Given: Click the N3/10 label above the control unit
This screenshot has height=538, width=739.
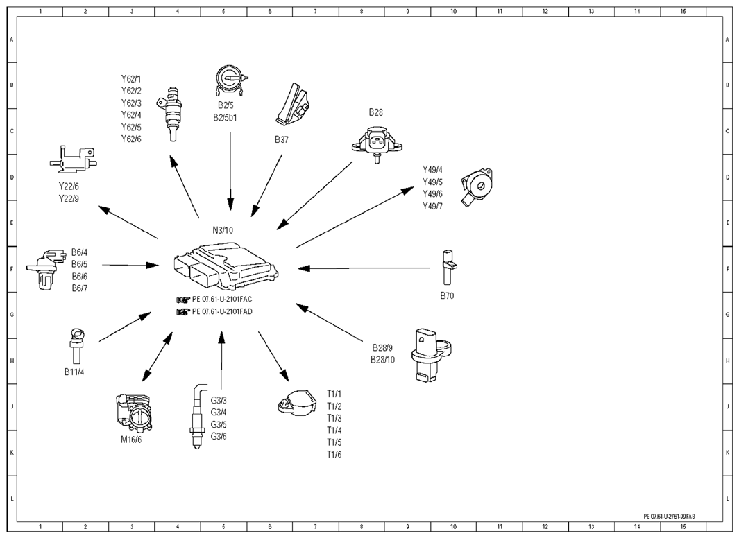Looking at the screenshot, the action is pos(223,230).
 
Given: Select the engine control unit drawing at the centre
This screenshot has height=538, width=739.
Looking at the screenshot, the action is pos(226,266).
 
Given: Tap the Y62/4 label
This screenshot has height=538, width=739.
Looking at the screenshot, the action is pos(131,115).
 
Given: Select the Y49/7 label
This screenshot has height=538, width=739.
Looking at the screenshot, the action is pos(433,206).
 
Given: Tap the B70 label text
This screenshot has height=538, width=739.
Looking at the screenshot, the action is pos(447,295).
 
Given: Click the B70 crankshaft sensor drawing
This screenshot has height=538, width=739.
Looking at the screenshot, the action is pos(448,268).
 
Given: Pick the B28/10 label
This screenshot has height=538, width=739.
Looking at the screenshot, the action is pos(383,360).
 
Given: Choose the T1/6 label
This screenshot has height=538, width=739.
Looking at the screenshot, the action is pos(334,454).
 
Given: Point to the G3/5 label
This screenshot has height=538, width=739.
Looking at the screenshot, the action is pos(219,424).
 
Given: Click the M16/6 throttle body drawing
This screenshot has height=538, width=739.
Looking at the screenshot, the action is pos(134,413).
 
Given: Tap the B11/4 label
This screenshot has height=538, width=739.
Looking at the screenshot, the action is pos(74,372).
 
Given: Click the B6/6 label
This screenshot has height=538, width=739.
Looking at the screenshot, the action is pos(80,277).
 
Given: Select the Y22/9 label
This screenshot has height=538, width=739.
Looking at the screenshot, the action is pos(69,199).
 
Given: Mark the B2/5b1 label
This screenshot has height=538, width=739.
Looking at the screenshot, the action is pos(225,118).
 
